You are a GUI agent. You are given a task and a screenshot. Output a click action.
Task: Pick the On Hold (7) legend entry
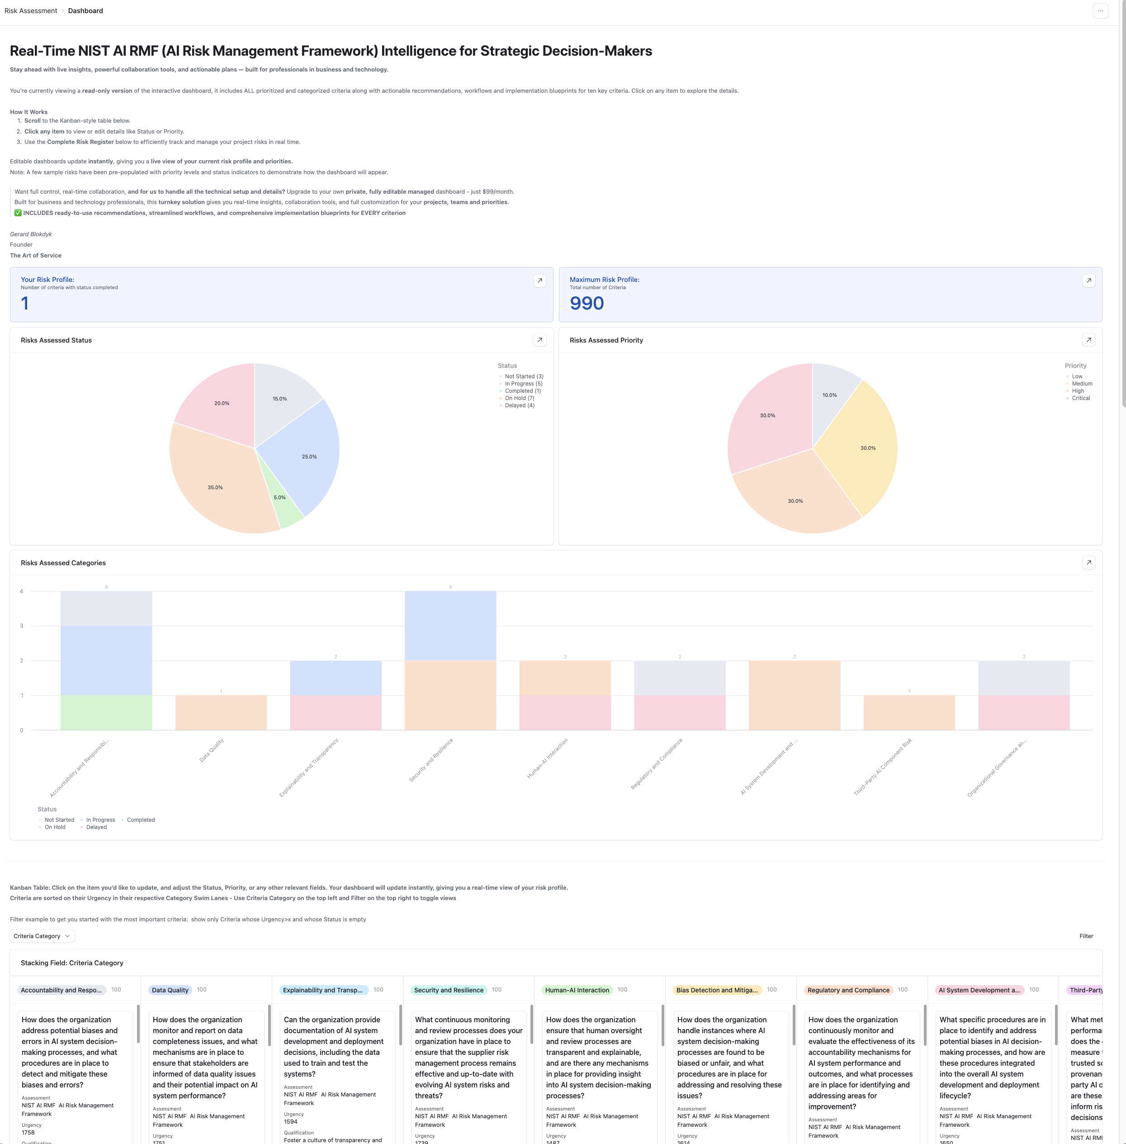(519, 398)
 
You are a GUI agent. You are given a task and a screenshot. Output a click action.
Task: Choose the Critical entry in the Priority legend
(1080, 398)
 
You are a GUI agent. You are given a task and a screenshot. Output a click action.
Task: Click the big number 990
(586, 303)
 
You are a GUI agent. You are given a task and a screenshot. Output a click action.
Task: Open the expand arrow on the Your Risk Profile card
(539, 281)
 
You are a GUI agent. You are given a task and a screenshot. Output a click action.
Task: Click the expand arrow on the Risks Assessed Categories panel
(1088, 562)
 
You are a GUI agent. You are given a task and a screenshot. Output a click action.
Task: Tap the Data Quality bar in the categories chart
(221, 713)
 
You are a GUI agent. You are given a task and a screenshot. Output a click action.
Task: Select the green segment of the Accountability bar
(106, 713)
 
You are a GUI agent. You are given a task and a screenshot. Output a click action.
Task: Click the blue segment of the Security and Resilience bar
(450, 625)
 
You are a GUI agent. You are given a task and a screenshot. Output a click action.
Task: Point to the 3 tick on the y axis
(22, 625)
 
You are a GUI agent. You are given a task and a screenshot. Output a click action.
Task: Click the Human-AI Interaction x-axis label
(548, 758)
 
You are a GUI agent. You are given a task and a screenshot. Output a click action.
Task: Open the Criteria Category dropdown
(42, 936)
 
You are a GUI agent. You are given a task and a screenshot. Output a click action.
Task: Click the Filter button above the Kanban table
(1086, 936)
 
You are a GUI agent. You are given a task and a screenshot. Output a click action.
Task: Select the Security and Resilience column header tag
(448, 990)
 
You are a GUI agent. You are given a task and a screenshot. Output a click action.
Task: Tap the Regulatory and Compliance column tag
(847, 990)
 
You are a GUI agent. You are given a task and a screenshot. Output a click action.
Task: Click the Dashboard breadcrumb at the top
(85, 11)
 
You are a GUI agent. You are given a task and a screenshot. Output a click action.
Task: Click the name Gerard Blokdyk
(31, 234)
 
